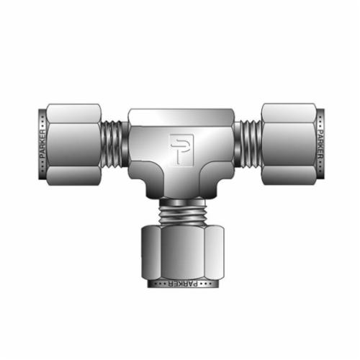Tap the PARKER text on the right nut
[x=319, y=144]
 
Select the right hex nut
[x=288, y=144]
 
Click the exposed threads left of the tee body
[x=114, y=144]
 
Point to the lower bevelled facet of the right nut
[x=288, y=176]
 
